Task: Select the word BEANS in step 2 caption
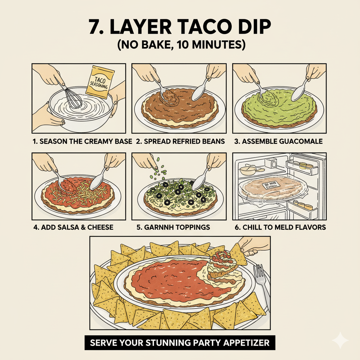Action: click(x=212, y=142)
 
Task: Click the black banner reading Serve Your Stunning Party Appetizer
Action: click(x=180, y=343)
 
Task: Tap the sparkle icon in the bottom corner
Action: click(x=340, y=340)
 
